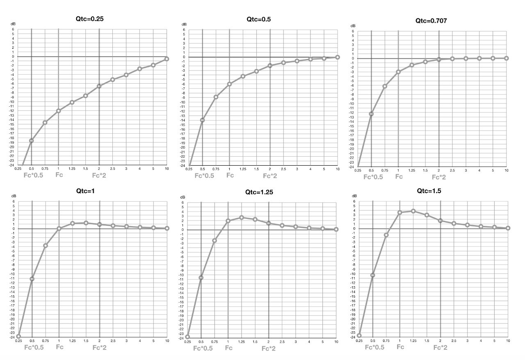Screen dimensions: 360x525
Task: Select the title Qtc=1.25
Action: click(259, 192)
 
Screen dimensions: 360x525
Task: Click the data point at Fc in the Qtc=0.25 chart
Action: click(59, 111)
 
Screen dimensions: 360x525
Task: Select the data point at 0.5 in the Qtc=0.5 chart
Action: click(202, 120)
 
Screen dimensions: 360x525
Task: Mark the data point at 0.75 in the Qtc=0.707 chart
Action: click(385, 86)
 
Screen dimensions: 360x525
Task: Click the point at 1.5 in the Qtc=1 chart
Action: click(86, 223)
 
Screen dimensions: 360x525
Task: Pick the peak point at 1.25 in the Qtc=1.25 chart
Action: click(242, 217)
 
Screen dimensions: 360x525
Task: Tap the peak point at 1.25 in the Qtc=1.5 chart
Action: click(413, 211)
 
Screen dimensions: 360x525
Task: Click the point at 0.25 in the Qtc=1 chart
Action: click(18, 336)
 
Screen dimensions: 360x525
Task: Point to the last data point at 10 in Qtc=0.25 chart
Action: click(167, 59)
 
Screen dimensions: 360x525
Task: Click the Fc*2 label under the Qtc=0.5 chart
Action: click(270, 176)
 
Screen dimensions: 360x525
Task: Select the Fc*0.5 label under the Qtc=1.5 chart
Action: click(375, 347)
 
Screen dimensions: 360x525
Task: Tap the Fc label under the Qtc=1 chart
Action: click(59, 347)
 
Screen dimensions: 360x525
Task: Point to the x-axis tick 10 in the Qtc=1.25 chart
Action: click(336, 342)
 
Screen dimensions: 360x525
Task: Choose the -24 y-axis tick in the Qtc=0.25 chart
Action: click(13, 165)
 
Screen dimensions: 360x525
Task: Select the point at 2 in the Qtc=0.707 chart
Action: click(439, 59)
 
